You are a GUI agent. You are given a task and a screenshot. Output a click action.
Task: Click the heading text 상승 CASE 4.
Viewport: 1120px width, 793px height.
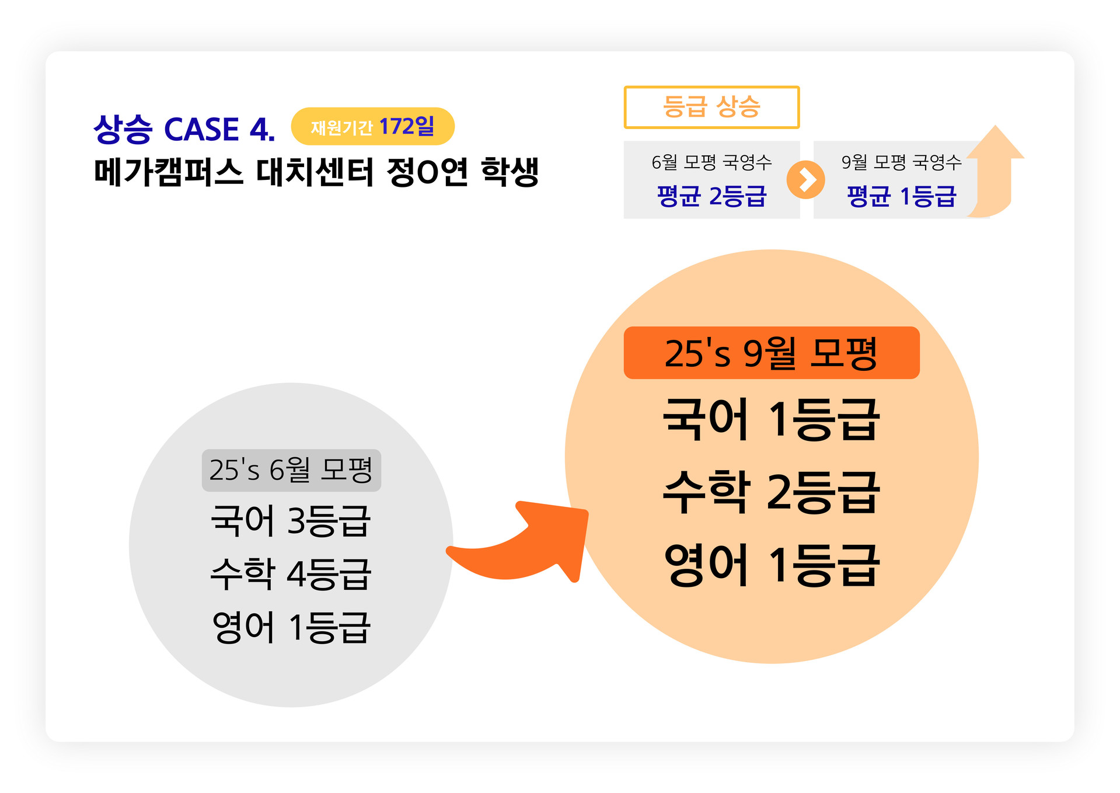coord(184,129)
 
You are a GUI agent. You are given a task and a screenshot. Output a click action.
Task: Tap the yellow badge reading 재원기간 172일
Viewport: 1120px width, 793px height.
coord(372,126)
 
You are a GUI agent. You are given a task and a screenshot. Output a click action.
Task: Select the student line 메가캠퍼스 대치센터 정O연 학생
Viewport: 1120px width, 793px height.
coord(316,172)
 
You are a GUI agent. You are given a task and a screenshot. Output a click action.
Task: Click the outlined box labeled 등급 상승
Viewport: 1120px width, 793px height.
coord(711,107)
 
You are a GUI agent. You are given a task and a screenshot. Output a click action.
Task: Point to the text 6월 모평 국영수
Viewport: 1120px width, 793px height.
coord(711,162)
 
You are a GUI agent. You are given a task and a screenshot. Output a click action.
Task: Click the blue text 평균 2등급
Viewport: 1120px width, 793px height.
coord(711,196)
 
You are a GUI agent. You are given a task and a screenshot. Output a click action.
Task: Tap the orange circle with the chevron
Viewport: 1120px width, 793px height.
coord(805,180)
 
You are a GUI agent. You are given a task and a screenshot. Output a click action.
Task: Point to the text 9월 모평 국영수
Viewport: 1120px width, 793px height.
coord(901,162)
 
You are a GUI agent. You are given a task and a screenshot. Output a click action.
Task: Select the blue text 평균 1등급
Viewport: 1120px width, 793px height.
coord(901,196)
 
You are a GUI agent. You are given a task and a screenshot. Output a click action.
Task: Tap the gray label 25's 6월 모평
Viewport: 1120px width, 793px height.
coord(291,470)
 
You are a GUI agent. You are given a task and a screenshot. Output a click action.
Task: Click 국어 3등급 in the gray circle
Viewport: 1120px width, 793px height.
coord(291,520)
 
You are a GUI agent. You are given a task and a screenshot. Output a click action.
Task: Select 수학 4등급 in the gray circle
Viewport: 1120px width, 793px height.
coord(291,573)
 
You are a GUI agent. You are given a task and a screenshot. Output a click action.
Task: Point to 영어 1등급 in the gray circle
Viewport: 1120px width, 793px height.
coord(291,627)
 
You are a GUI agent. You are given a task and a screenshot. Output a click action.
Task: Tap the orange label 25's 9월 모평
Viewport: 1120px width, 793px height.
coord(771,353)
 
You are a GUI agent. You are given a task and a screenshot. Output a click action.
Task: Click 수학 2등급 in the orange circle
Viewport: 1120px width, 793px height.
coord(771,492)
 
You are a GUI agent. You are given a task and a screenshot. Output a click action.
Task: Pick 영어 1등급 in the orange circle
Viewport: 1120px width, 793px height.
coord(771,564)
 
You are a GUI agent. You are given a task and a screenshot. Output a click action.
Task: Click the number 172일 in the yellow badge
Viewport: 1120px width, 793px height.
coord(406,126)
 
